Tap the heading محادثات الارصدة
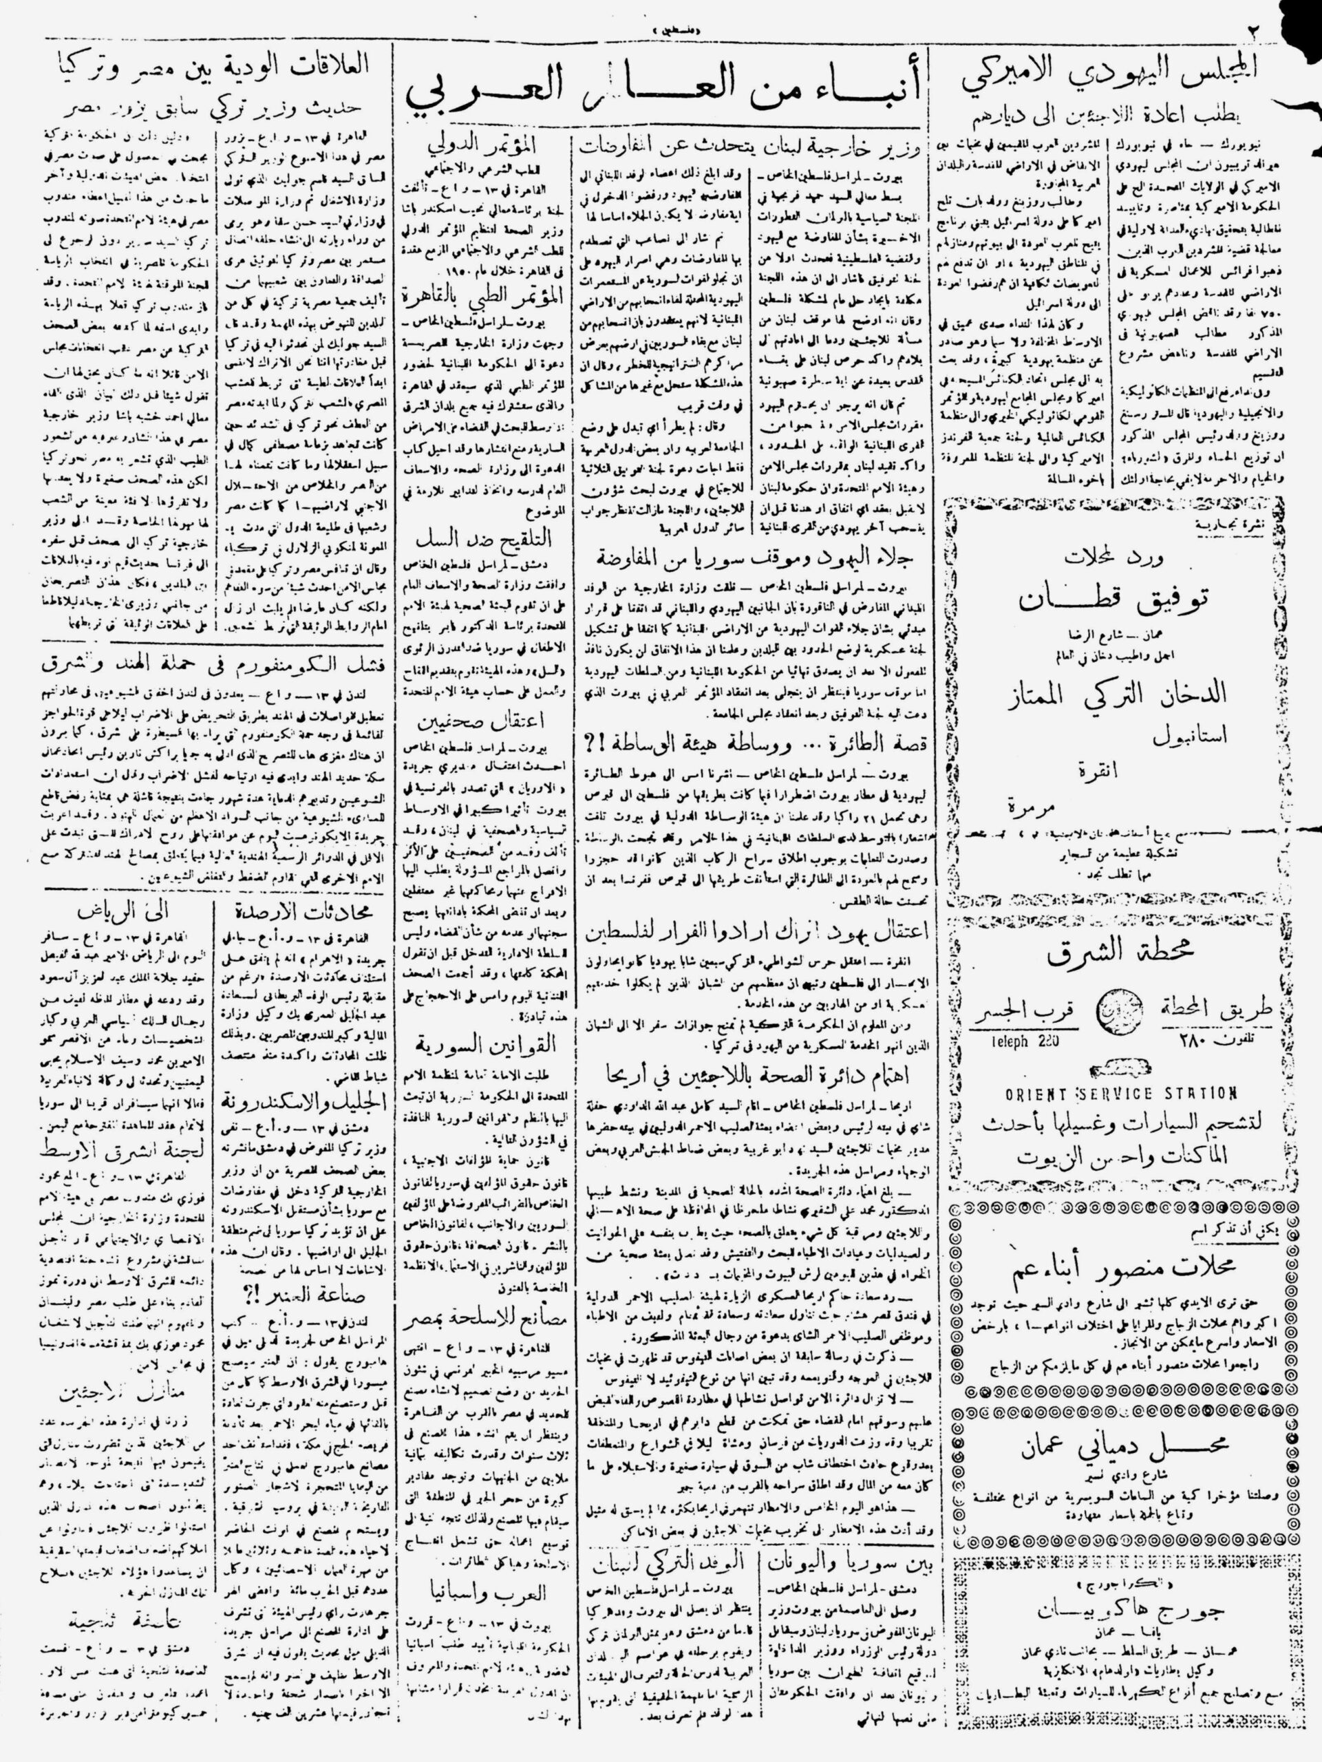pos(296,909)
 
